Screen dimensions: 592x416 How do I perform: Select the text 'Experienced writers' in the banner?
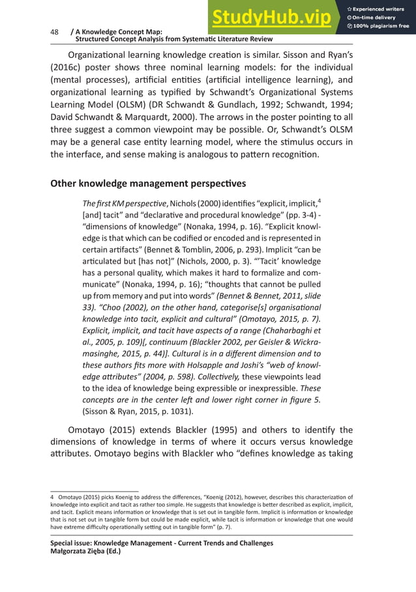tap(381, 8)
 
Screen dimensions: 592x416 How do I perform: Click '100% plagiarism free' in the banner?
tap(381, 26)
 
